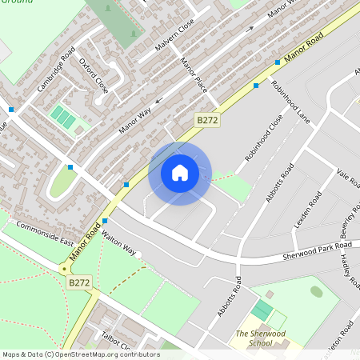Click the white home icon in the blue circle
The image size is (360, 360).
179,173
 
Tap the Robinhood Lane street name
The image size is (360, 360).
290,100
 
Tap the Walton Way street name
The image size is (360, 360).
119,240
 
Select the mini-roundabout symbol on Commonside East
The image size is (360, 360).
64,269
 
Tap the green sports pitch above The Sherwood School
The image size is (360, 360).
262,310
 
